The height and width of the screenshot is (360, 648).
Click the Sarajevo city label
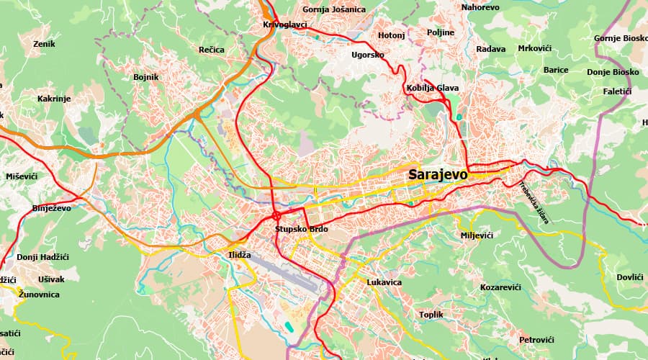(x=437, y=174)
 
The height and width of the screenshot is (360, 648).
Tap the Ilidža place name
(x=239, y=255)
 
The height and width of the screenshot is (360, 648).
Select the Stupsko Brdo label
(x=301, y=229)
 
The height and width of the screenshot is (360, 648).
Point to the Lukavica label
(x=384, y=282)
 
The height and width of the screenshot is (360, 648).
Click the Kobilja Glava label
(x=432, y=88)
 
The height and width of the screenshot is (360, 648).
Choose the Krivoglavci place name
(x=285, y=24)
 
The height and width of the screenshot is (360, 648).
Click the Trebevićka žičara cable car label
(x=534, y=203)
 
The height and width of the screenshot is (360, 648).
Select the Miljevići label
(x=476, y=235)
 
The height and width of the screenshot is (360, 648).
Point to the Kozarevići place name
(x=500, y=287)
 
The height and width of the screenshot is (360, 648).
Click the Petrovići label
(x=536, y=339)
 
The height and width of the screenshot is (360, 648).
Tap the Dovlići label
(x=629, y=277)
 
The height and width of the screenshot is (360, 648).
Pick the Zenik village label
(x=44, y=44)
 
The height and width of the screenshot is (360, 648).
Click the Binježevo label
(x=51, y=208)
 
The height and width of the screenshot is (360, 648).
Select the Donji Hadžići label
(x=41, y=257)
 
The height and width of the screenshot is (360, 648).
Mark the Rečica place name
(x=212, y=50)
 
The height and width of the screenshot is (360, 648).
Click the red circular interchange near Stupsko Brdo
(x=276, y=215)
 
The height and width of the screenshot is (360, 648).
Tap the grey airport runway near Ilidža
(x=281, y=274)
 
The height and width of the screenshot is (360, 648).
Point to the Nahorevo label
(x=480, y=7)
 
